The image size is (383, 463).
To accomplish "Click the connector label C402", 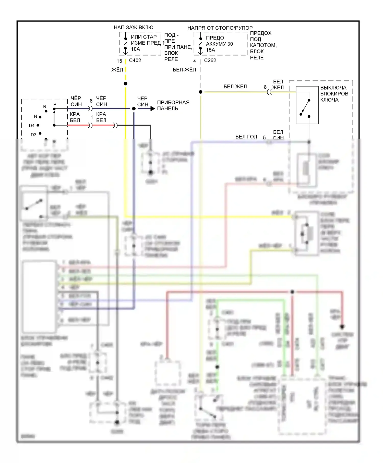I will [x=135, y=60].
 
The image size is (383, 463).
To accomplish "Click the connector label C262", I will [x=210, y=60].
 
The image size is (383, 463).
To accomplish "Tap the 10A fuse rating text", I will [x=135, y=49].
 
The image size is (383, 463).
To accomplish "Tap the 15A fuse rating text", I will [x=210, y=50].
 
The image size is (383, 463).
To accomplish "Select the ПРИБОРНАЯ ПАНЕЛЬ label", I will [x=173, y=105].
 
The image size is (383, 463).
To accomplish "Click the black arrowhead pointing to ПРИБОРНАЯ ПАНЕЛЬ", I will [x=153, y=109].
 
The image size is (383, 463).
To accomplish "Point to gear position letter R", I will [x=45, y=107].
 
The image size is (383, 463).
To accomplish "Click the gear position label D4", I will [x=32, y=126].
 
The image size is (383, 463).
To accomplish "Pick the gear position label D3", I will [x=33, y=135].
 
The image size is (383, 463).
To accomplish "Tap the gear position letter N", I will [x=35, y=116].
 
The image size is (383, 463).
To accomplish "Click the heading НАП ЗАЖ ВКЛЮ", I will [x=133, y=27].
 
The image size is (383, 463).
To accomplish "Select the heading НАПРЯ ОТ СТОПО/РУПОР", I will [x=220, y=28].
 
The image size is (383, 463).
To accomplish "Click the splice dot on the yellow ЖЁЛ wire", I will [x=125, y=84].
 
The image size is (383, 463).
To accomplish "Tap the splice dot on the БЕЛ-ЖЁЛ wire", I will [x=201, y=92].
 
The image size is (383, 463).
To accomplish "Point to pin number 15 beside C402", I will [x=119, y=61].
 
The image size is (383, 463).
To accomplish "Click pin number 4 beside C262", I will [x=195, y=61].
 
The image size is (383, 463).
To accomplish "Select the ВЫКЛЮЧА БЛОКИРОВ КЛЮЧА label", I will [x=334, y=94].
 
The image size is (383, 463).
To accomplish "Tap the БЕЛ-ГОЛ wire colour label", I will [x=246, y=137].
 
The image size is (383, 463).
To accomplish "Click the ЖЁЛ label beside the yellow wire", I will [x=117, y=70].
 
